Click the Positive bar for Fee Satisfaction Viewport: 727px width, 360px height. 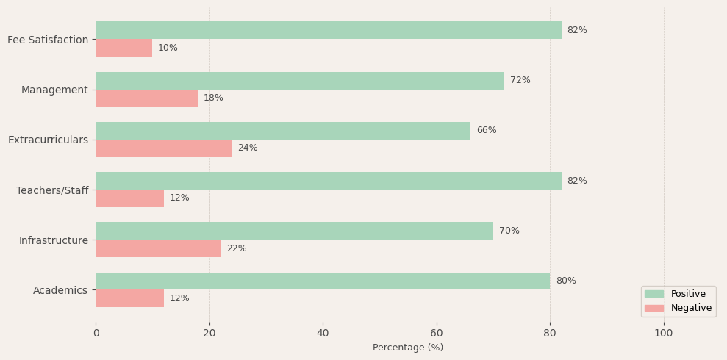[328, 30]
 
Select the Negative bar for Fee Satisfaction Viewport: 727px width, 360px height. [123, 48]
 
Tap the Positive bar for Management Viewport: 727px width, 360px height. [300, 81]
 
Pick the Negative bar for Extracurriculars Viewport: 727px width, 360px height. [164, 148]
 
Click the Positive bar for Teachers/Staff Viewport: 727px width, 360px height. [328, 181]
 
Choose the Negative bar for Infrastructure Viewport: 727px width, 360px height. [158, 248]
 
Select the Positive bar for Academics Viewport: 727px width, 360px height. [323, 281]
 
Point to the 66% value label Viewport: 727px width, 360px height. [486, 131]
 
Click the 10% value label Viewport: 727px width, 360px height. [168, 48]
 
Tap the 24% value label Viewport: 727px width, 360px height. [248, 148]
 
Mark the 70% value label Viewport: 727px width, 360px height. [509, 231]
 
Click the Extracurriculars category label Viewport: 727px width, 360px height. [48, 140]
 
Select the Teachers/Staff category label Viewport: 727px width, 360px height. [52, 190]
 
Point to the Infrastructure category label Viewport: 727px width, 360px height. [54, 240]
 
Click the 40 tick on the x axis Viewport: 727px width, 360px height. [323, 333]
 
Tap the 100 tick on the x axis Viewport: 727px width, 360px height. [664, 333]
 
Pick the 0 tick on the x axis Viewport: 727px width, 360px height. [96, 333]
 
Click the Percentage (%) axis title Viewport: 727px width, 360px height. [408, 348]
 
